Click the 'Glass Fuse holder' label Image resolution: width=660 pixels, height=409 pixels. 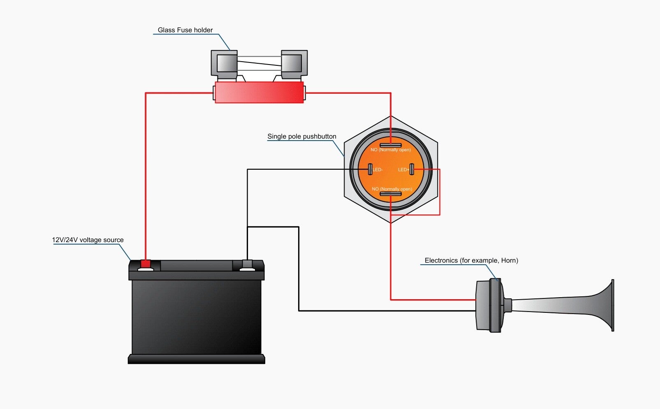tap(185, 30)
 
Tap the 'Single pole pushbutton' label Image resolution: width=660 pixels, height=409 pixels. tap(301, 136)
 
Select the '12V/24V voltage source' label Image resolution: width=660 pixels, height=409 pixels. tap(88, 240)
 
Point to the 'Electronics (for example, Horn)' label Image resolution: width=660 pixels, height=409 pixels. tap(471, 261)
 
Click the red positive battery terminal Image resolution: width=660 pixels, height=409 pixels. tap(146, 264)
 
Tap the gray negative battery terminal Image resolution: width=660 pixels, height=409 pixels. tap(247, 264)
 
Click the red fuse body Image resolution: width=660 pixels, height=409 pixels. tap(259, 92)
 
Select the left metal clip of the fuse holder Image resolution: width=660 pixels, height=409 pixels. tap(224, 64)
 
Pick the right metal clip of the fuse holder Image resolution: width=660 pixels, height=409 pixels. tap(294, 64)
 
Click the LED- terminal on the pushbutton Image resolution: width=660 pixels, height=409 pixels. tap(370, 169)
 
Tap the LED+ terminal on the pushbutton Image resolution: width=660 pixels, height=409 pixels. tap(412, 169)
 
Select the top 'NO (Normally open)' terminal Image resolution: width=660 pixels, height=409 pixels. tap(391, 145)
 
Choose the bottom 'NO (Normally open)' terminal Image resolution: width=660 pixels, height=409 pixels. tap(391, 194)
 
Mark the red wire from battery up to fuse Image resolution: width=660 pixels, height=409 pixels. tap(146, 173)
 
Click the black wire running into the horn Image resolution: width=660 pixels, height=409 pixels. tap(387, 311)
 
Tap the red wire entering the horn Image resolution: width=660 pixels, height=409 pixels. tap(432, 300)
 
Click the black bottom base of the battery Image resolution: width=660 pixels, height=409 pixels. tap(197, 359)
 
